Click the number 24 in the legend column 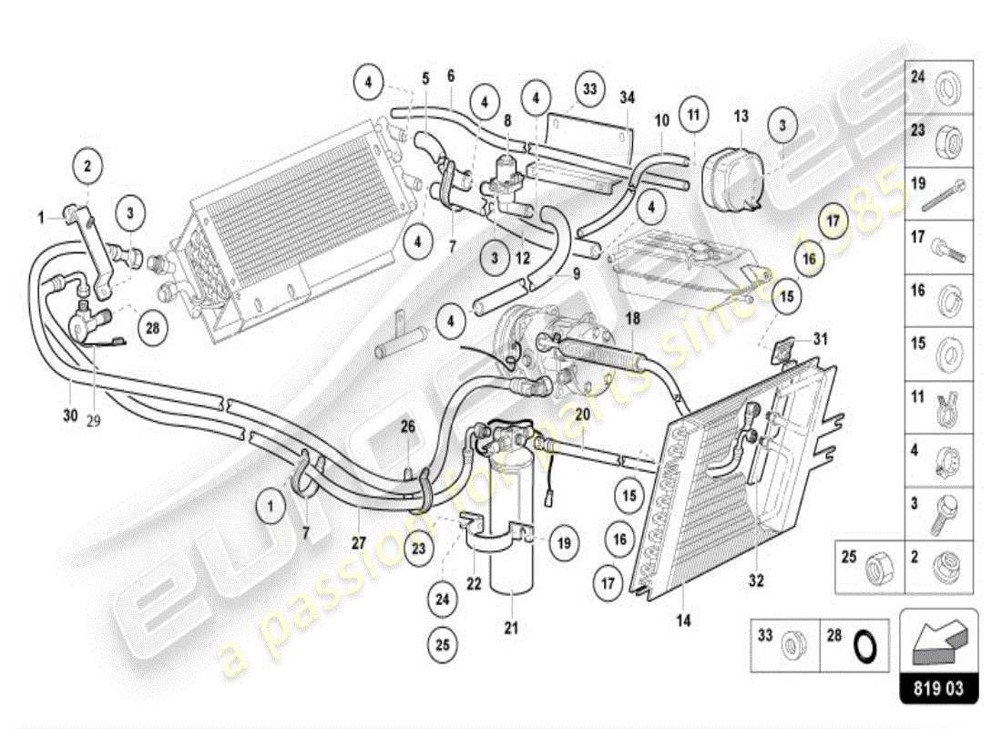coord(917,77)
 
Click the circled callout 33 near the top coord(591,88)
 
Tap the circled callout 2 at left coord(87,166)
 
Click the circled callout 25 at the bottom coord(442,644)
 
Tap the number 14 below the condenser coord(683,621)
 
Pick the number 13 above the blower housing coord(740,116)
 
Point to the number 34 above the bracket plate coord(627,98)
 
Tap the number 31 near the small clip coord(822,339)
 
